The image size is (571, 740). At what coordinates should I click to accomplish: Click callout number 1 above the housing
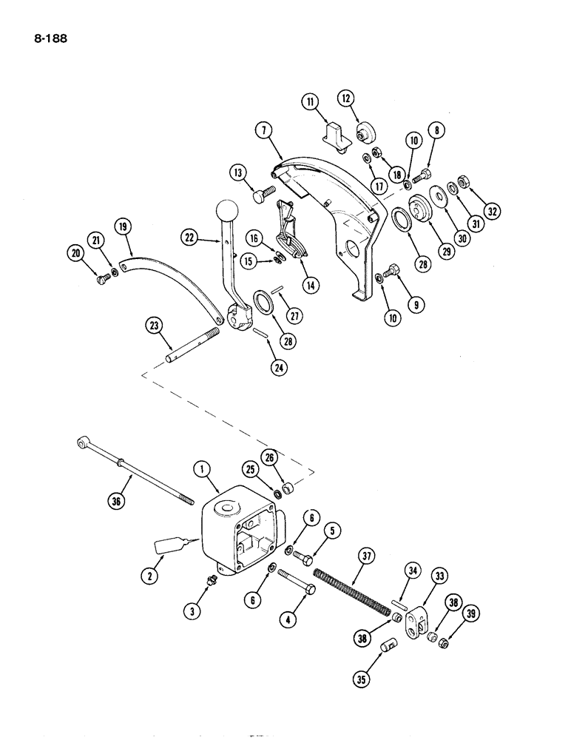(200, 468)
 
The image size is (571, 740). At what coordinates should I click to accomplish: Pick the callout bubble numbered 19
(124, 225)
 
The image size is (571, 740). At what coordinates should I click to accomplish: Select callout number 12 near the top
(347, 98)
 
